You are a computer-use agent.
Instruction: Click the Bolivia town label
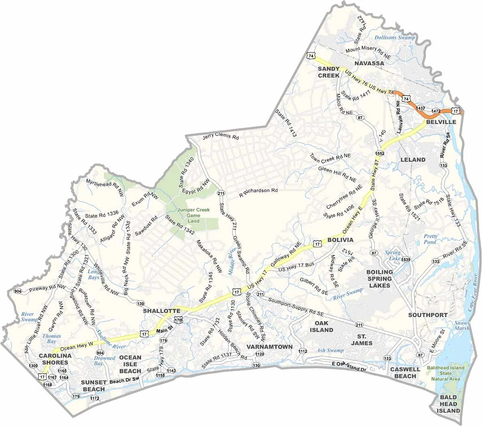point(340,240)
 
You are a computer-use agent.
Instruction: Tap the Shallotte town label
point(161,311)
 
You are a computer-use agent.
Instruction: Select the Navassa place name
point(369,64)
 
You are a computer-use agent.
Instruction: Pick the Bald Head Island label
point(449,404)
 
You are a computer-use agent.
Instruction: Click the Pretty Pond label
point(430,239)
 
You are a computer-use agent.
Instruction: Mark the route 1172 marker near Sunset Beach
point(94,398)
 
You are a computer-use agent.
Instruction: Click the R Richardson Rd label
point(258,191)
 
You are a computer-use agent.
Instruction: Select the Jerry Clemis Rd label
point(221,136)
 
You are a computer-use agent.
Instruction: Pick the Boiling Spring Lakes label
point(380,279)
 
